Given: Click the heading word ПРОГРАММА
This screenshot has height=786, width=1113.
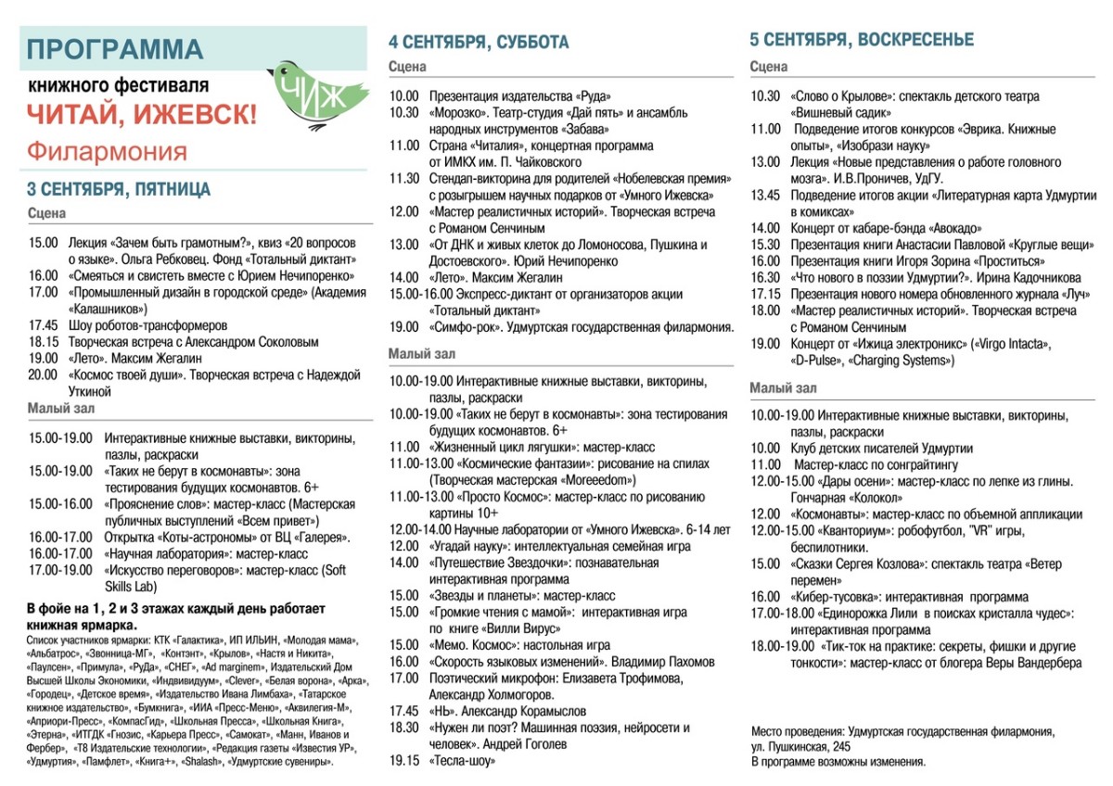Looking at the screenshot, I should [115, 49].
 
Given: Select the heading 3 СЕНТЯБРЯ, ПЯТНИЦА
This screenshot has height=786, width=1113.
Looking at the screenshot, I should [119, 190].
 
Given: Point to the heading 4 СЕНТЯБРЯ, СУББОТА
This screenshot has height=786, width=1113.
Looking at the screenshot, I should [479, 43].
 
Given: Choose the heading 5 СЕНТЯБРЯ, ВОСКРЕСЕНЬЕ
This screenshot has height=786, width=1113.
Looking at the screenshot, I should [862, 39].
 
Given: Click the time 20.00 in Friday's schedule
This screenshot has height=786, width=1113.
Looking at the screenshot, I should [43, 375].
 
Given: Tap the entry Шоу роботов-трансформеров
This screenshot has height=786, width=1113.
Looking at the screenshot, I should [147, 325].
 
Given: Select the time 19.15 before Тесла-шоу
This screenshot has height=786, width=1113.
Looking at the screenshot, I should [403, 761].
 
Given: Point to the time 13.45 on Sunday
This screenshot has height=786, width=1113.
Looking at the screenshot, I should [765, 196].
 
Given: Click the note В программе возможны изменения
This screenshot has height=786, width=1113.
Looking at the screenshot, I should [838, 762].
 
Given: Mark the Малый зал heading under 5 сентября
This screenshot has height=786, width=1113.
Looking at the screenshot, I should [783, 388].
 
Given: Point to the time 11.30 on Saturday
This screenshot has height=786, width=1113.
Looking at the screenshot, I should [403, 178].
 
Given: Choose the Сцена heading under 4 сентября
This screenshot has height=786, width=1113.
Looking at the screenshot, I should [407, 67].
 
